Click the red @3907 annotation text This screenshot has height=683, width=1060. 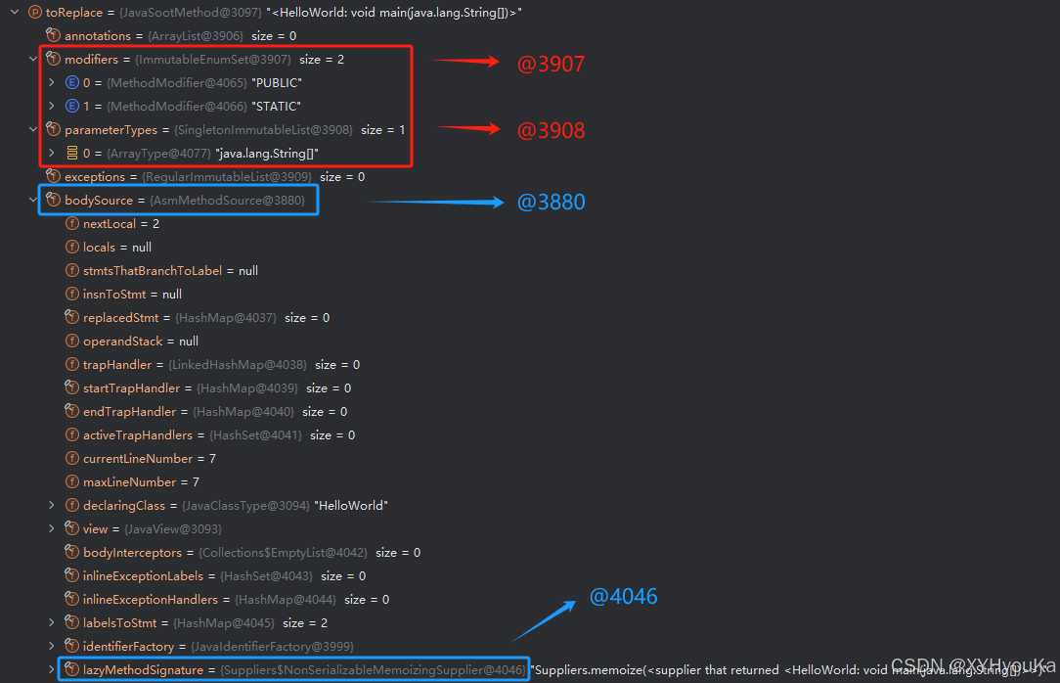click(x=551, y=65)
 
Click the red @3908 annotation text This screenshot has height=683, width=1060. click(x=551, y=130)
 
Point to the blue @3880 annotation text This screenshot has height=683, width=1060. click(x=551, y=203)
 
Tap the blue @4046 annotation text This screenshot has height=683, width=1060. click(x=623, y=596)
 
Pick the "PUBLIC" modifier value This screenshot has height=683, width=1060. click(x=276, y=83)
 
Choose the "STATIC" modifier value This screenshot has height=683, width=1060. click(x=276, y=107)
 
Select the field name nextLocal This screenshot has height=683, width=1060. click(x=108, y=224)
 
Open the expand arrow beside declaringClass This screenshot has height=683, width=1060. click(x=52, y=506)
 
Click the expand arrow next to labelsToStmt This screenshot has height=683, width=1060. click(x=52, y=623)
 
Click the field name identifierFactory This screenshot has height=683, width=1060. click(x=128, y=647)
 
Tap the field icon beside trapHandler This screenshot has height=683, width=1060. click(x=71, y=365)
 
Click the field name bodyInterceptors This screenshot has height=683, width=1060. click(x=132, y=553)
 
